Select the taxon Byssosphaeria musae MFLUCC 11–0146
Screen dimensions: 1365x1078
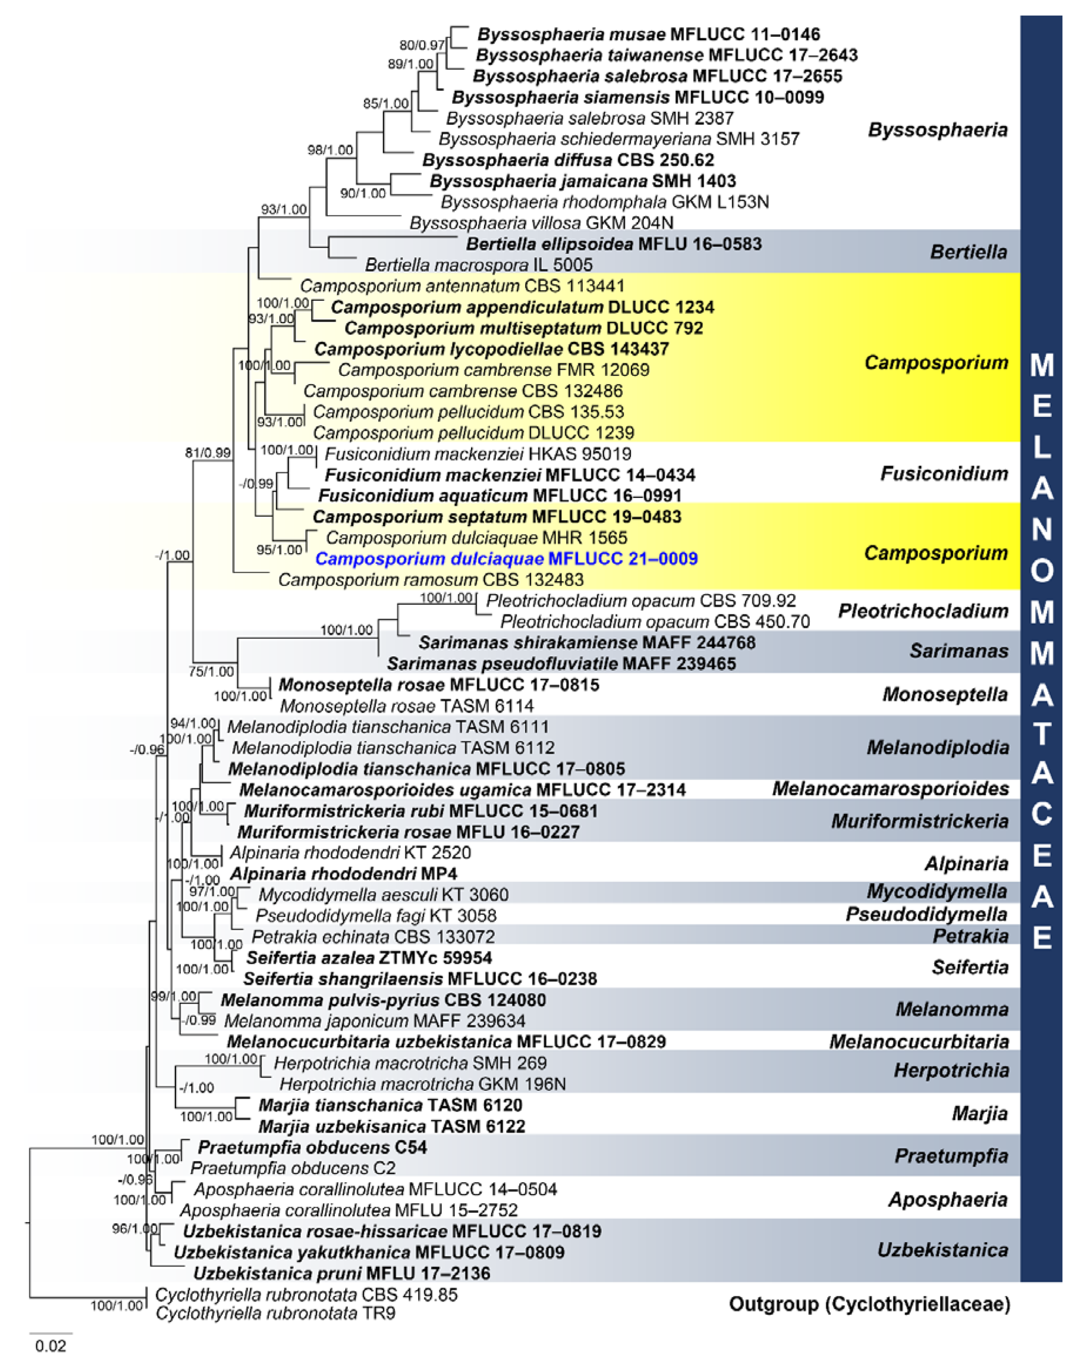point(648,34)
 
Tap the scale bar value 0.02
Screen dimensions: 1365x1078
point(51,1346)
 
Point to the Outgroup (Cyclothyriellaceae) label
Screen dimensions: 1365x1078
point(869,1304)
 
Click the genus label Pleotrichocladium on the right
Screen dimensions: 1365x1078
point(923,611)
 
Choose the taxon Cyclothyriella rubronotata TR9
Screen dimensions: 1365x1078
point(275,1314)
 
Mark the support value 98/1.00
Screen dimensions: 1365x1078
point(330,150)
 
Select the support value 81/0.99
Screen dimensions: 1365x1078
point(208,453)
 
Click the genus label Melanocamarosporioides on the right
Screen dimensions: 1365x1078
point(890,788)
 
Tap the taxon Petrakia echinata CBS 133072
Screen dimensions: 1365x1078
point(373,936)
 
